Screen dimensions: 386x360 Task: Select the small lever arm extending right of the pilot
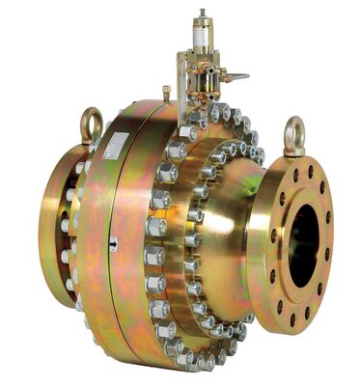tap(234, 75)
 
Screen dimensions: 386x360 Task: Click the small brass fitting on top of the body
tap(167, 93)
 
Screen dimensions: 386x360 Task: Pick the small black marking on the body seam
tap(115, 243)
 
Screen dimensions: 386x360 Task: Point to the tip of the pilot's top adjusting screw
tap(203, 14)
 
